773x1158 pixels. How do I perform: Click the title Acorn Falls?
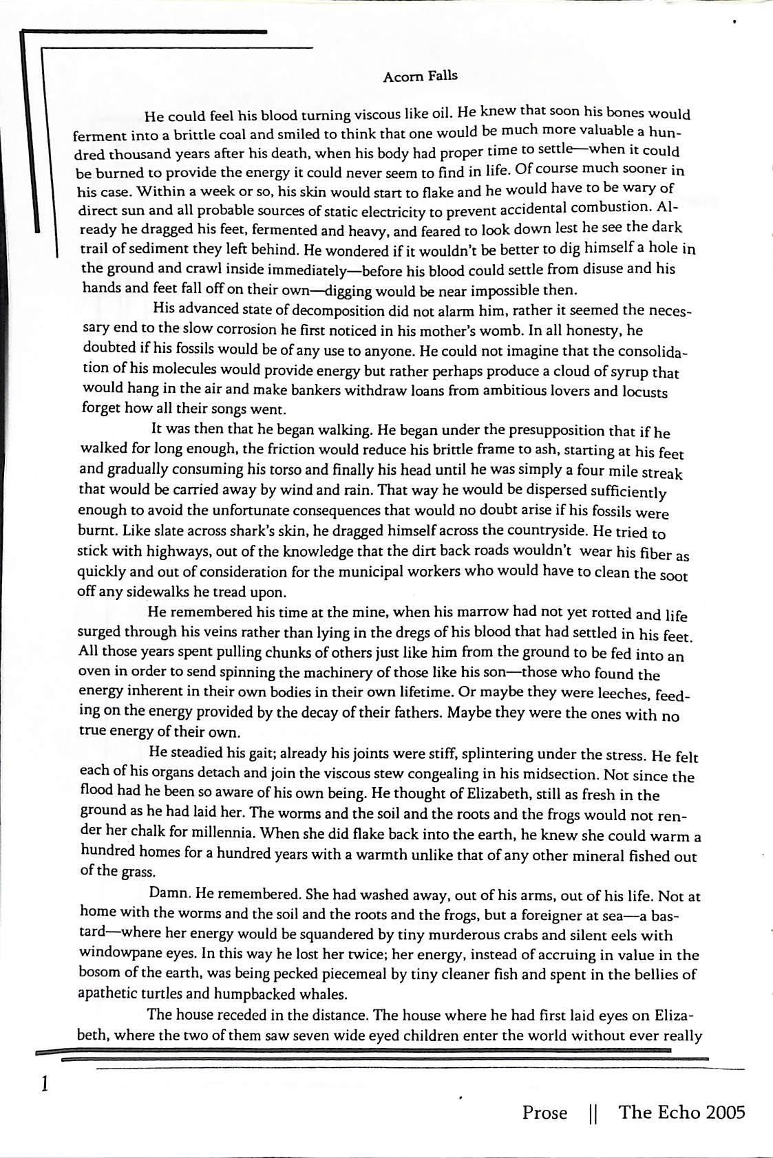420,76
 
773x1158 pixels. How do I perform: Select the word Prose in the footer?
544,1113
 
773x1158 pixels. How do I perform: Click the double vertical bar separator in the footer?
593,1113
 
